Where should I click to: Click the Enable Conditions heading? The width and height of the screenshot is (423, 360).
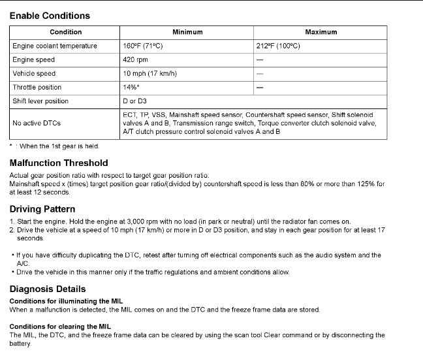tap(50, 16)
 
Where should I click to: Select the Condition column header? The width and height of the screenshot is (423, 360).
tap(66, 32)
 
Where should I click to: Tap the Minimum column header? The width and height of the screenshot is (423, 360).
tap(187, 32)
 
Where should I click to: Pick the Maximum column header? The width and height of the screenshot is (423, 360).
tap(321, 32)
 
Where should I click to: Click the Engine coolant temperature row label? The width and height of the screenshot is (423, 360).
tap(55, 46)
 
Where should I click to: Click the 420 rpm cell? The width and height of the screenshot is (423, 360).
tap(138, 60)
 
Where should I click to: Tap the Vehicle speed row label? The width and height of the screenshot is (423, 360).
tap(34, 74)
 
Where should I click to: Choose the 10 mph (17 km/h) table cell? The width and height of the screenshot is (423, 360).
tap(150, 74)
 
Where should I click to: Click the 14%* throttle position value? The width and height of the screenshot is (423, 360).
tap(131, 88)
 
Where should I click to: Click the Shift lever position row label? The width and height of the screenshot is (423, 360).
tap(40, 101)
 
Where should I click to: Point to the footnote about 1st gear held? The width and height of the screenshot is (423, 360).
tap(55, 146)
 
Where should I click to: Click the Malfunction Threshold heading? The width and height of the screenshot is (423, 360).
tap(59, 163)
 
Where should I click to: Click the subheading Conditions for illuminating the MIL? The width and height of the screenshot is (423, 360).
tap(66, 301)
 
